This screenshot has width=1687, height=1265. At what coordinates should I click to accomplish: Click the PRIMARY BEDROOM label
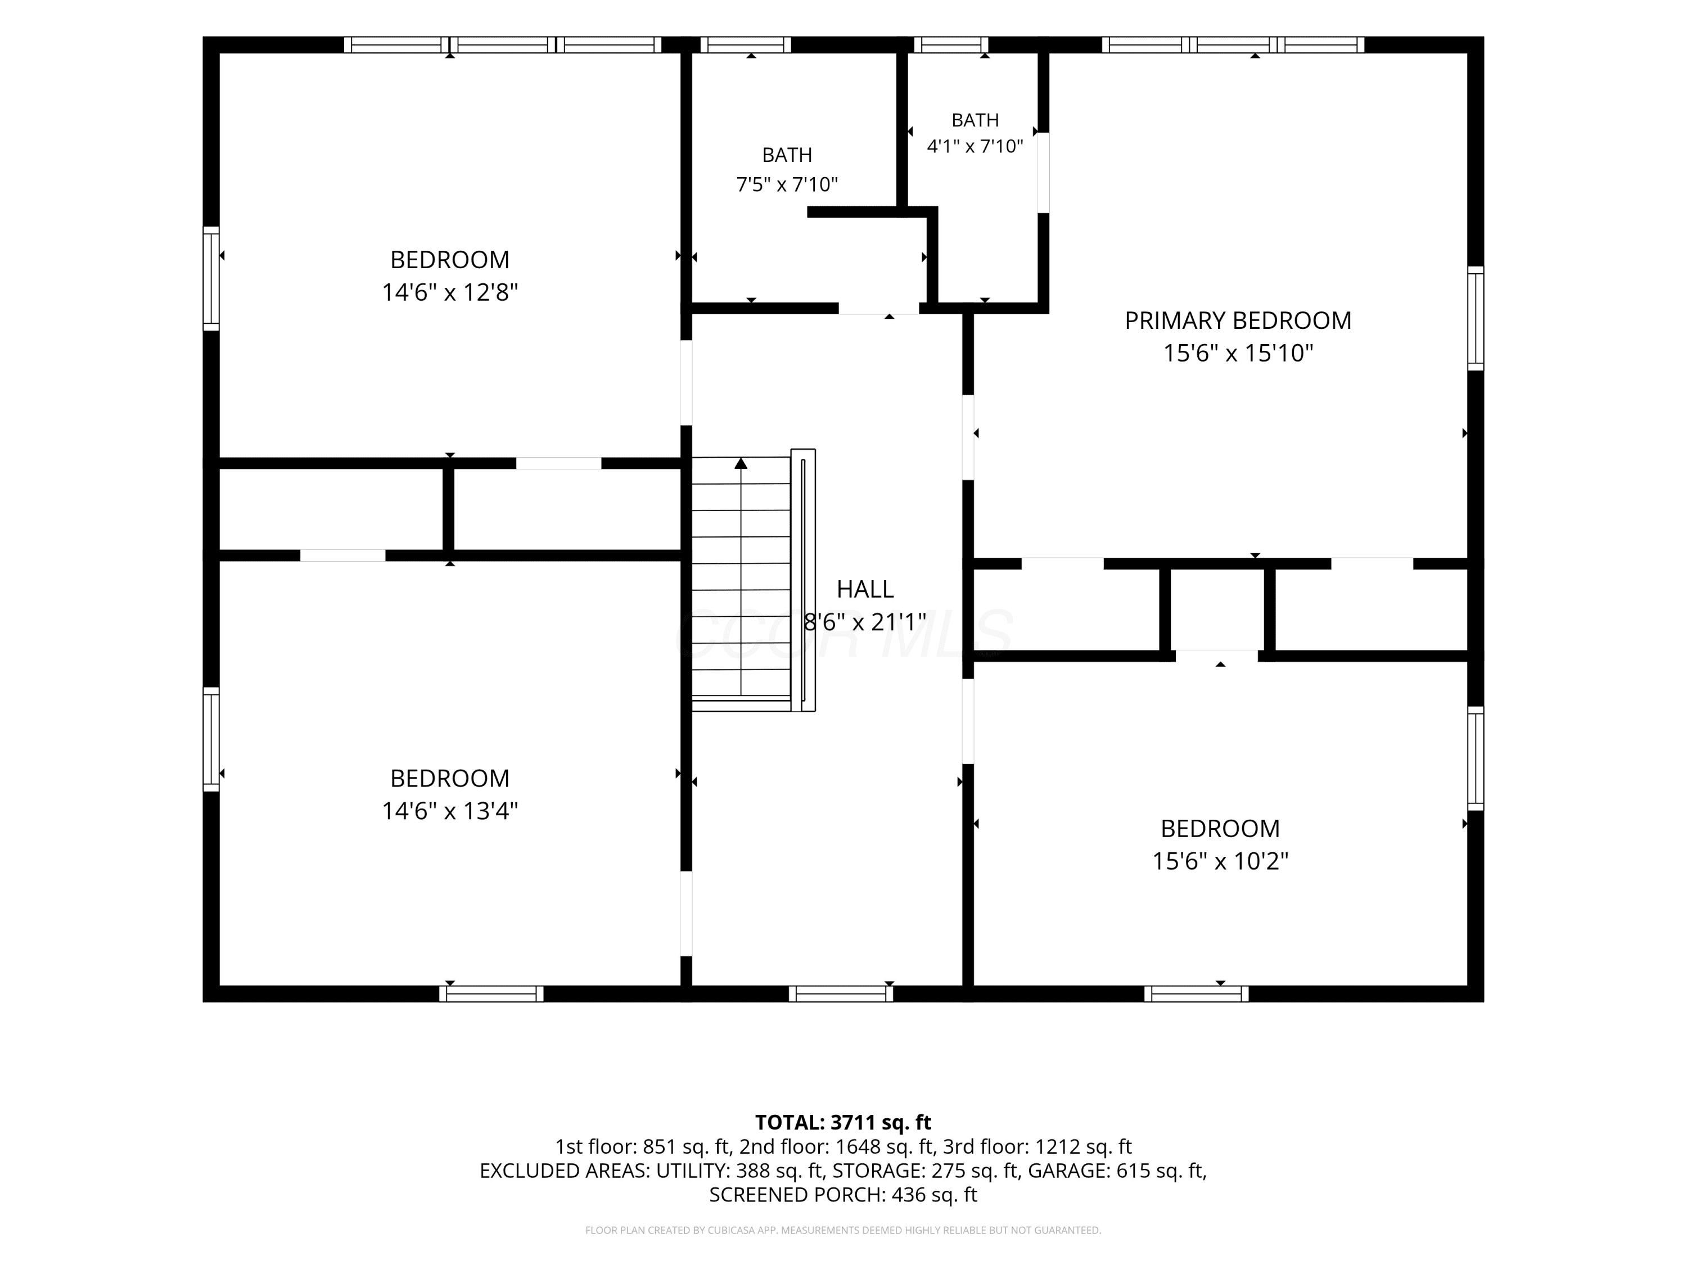click(1238, 320)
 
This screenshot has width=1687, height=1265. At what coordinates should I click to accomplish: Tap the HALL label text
click(865, 589)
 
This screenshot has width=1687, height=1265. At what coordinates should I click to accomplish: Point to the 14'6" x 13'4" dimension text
click(450, 811)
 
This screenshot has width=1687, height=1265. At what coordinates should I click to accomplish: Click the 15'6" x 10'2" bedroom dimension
click(1220, 861)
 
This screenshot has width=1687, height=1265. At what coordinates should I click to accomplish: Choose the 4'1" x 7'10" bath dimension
click(975, 146)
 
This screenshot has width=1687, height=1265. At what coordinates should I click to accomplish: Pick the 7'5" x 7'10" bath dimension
click(787, 184)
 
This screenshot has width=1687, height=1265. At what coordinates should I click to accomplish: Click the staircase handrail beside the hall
click(803, 580)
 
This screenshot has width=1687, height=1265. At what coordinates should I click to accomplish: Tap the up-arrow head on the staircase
click(741, 463)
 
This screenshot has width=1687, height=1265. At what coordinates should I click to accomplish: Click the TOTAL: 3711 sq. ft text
click(843, 1122)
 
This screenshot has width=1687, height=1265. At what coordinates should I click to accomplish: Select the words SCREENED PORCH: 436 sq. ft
click(843, 1195)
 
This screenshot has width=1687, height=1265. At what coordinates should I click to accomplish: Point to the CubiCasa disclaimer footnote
click(843, 1230)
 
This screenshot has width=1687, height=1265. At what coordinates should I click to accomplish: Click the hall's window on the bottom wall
click(841, 993)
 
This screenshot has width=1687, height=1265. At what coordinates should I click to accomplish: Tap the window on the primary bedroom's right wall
click(1476, 318)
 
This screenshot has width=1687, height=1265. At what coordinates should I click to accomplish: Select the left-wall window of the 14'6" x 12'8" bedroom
click(210, 278)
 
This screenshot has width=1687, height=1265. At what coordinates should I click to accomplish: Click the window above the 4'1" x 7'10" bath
click(950, 45)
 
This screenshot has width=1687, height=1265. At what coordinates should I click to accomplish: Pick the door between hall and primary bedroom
click(968, 437)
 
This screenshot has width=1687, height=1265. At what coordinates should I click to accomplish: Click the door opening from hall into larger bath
click(878, 309)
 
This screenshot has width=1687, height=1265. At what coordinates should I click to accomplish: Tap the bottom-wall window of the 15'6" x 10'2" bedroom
click(1196, 993)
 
